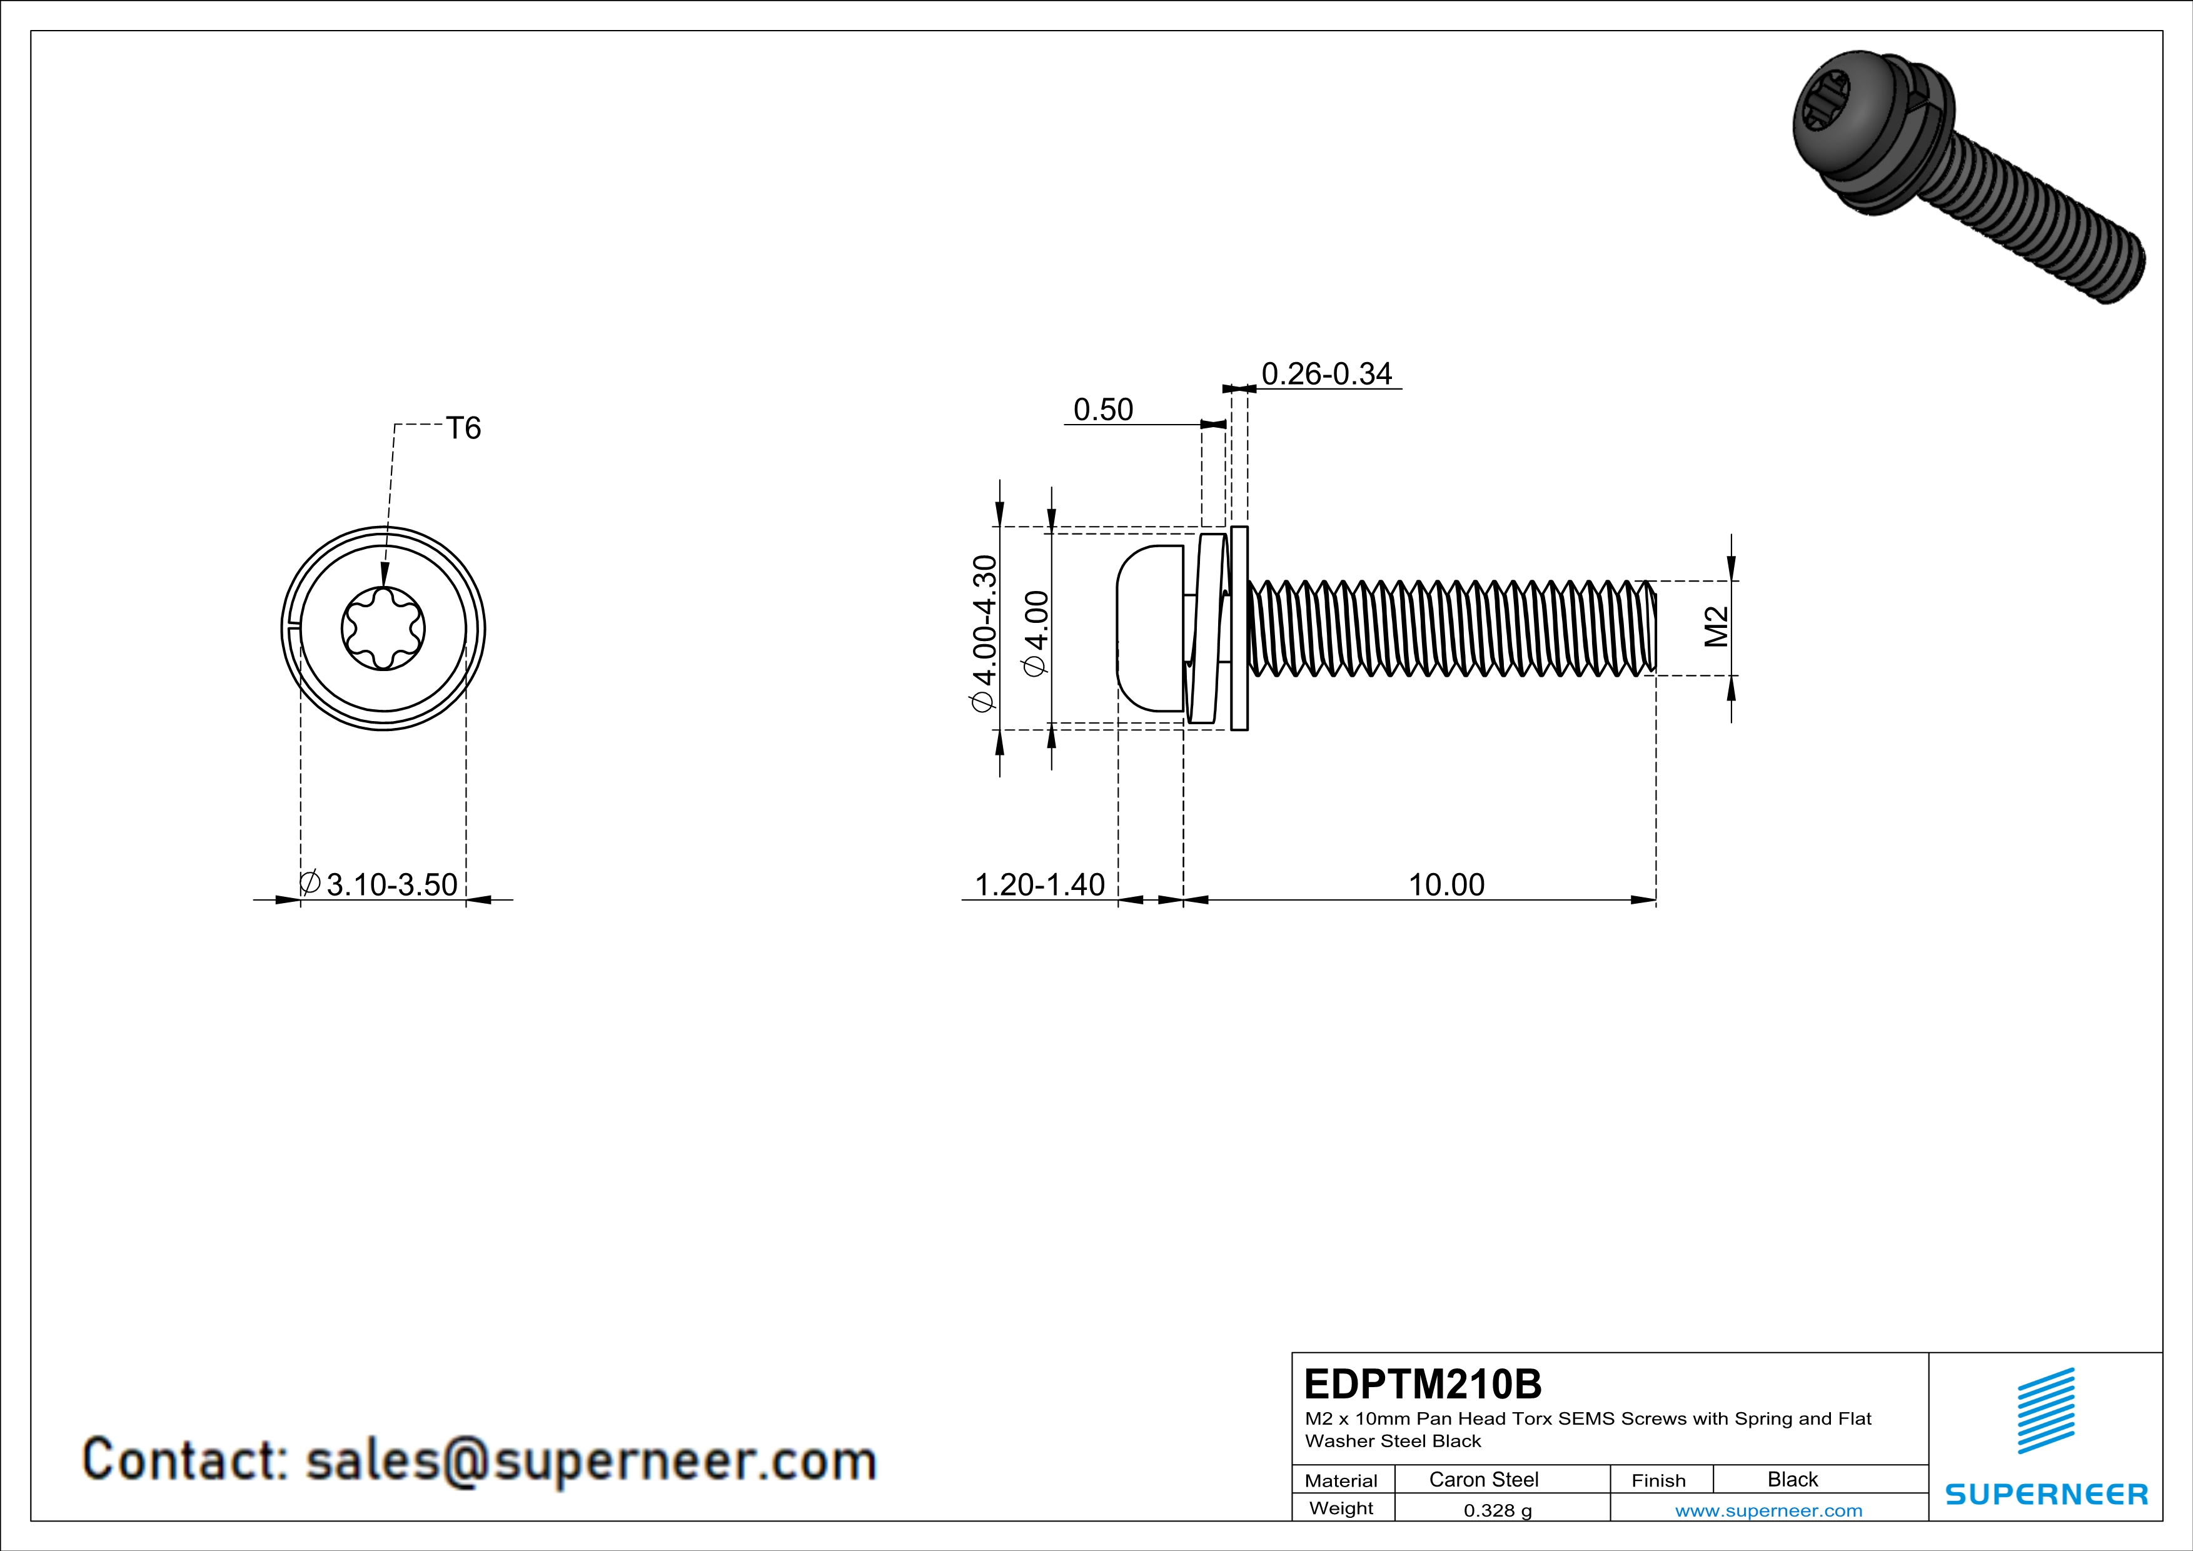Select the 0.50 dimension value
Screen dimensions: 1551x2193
1103,410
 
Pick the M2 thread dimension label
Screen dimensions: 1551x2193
1717,627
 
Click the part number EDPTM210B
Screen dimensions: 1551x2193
1422,1384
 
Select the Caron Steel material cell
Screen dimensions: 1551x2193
1483,1479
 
